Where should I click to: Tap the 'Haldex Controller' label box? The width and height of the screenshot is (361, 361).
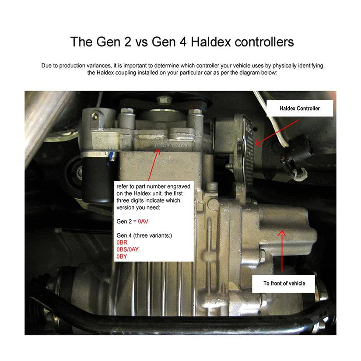point(300,109)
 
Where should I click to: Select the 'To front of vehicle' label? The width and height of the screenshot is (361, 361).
point(284,284)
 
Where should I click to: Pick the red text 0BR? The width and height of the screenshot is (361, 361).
point(122,242)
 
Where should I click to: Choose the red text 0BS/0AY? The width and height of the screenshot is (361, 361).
point(128,249)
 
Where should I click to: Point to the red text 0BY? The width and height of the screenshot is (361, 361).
point(122,256)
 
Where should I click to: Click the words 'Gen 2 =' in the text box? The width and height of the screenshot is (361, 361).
point(126,221)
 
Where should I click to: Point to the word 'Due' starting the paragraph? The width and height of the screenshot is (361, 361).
point(46,66)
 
